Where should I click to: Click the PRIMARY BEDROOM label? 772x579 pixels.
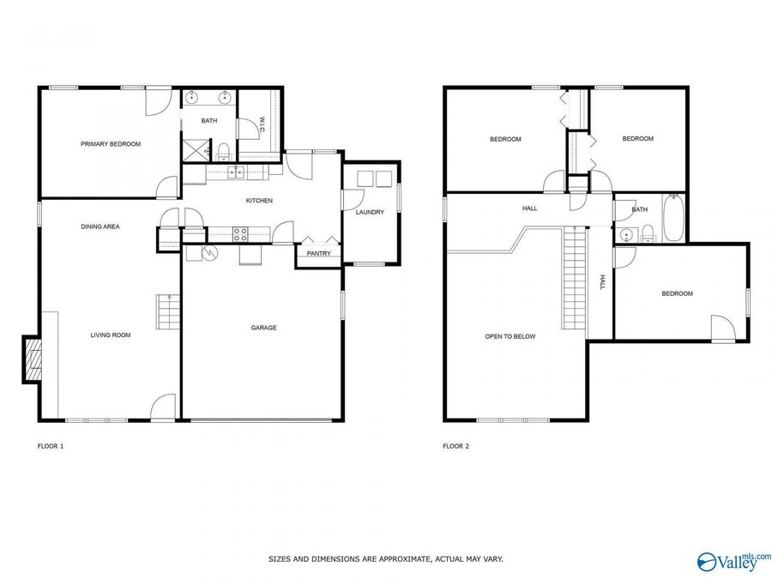tap(111, 144)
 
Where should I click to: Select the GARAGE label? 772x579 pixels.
tap(263, 328)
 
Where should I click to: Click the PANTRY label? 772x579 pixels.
tap(318, 254)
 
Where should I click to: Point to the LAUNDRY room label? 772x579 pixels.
tap(371, 213)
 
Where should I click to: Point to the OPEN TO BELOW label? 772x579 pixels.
tap(510, 337)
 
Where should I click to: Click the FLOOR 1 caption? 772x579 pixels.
tap(51, 446)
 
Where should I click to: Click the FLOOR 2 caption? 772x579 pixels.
tap(455, 446)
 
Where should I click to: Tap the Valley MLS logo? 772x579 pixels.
tap(734, 561)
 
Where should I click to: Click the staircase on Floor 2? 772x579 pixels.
tap(573, 279)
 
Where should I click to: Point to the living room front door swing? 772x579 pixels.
tap(162, 408)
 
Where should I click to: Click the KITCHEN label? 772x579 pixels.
tap(259, 201)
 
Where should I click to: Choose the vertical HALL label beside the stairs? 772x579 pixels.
tap(602, 282)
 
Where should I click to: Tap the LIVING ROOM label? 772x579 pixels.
tap(111, 335)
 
